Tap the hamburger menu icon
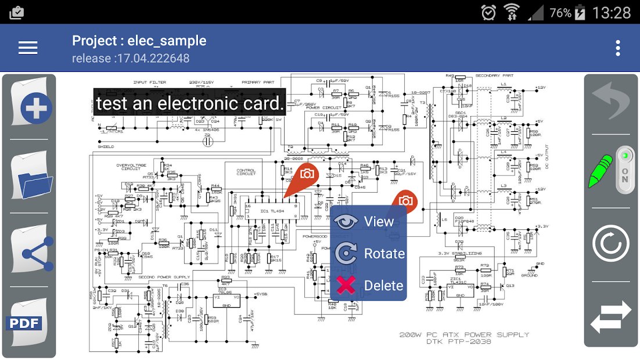[x=28, y=48]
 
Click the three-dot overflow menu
[x=618, y=48]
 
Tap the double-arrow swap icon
[x=610, y=317]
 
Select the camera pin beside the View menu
[x=405, y=201]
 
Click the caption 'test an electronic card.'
[x=190, y=103]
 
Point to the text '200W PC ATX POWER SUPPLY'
[x=464, y=334]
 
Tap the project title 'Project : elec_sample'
[x=139, y=41]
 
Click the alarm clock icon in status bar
[x=488, y=12]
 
